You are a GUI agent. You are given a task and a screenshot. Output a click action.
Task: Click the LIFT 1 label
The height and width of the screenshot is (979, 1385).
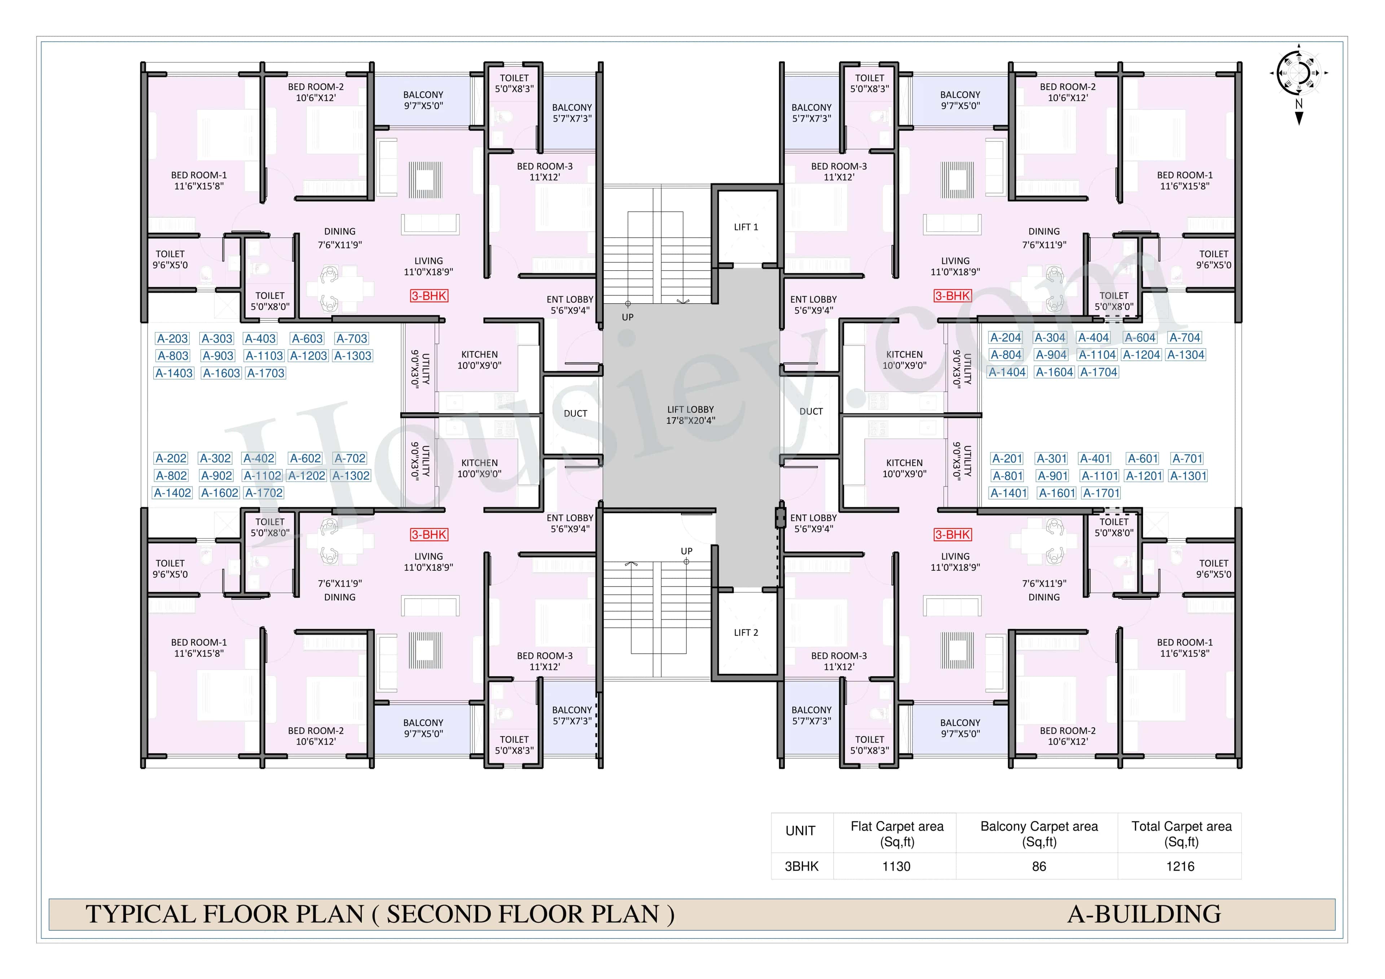coord(746,227)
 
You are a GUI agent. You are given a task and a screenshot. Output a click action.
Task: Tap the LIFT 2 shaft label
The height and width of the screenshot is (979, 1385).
coord(746,632)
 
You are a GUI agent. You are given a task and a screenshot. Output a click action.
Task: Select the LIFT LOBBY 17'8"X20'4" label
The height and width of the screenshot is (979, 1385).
coord(690,415)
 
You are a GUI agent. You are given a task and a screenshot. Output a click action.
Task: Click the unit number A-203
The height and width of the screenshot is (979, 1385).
coord(172,339)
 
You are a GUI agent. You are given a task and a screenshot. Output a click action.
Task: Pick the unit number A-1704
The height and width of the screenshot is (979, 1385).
coord(1099,373)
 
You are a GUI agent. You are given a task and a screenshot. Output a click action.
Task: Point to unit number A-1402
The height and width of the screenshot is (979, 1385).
coord(172,493)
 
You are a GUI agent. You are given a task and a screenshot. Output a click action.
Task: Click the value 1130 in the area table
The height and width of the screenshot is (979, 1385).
coord(896,867)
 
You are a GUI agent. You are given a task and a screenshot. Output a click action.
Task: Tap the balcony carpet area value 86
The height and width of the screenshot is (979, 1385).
coord(1039,867)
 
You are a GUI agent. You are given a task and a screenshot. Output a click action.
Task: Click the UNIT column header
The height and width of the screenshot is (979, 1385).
coord(800,831)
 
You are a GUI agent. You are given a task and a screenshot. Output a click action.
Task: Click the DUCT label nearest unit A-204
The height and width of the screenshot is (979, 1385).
coord(811,412)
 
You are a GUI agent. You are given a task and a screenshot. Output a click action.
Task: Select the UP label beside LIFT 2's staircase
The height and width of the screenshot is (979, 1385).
coord(686,551)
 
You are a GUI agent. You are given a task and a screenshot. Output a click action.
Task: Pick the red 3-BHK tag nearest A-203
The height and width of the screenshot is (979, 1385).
coord(429,296)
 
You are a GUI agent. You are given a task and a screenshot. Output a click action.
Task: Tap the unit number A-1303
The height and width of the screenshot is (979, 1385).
coord(353,356)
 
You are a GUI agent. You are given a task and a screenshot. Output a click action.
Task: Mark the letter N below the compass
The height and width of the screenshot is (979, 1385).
coord(1299,104)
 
